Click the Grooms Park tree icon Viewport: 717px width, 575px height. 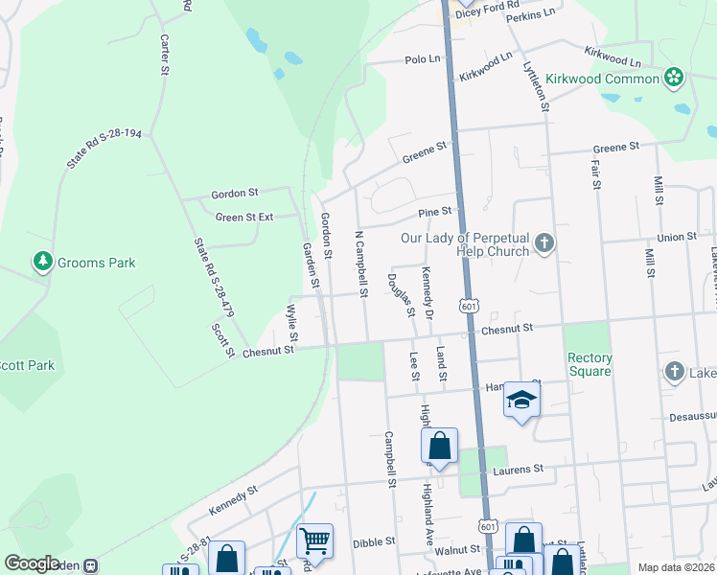42,261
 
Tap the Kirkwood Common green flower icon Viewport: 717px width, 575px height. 674,77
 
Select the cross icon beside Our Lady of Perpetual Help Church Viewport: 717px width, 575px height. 544,242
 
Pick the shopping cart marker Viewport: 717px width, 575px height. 314,540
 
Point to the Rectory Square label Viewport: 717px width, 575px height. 590,365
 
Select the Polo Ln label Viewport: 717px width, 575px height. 423,59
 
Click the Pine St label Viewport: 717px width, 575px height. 434,211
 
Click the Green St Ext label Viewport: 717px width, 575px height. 244,218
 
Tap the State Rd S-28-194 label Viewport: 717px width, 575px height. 104,143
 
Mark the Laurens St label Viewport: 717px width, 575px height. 519,469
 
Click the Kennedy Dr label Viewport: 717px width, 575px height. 428,294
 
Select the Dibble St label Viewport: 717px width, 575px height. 374,542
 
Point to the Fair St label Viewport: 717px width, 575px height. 594,173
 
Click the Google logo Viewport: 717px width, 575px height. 32,563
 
